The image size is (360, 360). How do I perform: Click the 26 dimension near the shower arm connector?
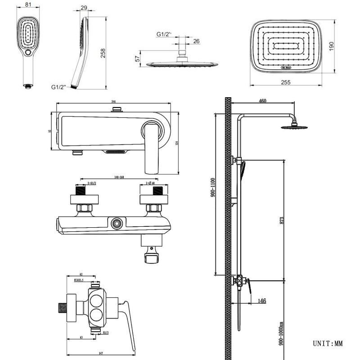[x=196, y=41]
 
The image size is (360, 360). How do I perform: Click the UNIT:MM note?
[x=328, y=344]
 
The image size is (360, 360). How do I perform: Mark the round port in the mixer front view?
[x=118, y=222]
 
